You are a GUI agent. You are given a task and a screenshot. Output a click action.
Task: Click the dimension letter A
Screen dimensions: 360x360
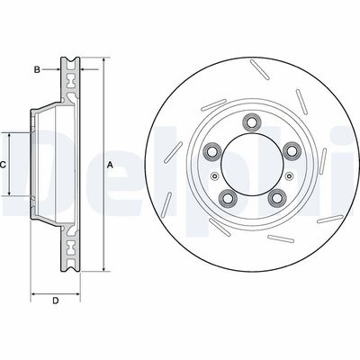[111, 165]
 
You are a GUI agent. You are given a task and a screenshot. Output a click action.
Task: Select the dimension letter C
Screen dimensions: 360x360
[4, 165]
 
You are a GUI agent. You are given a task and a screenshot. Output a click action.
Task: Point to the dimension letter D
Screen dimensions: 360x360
[56, 300]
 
